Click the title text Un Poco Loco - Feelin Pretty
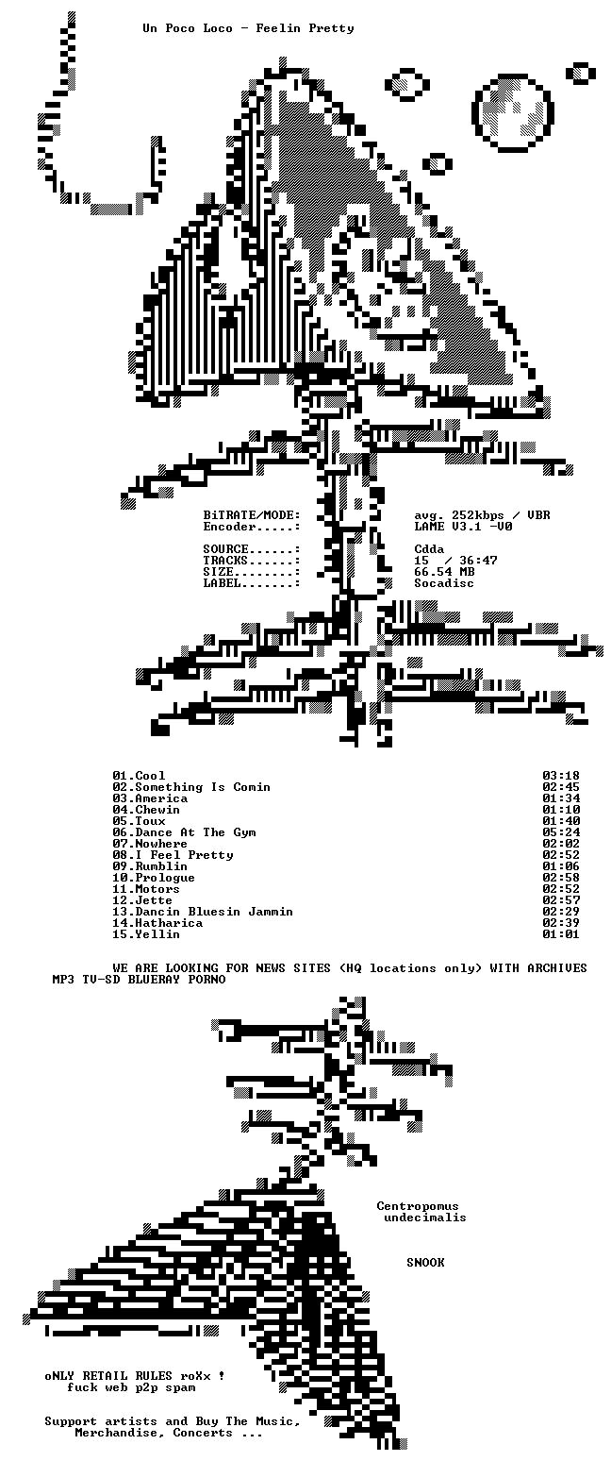pyautogui.click(x=248, y=28)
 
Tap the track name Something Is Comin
pyautogui.click(x=203, y=787)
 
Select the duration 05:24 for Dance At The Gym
pyautogui.click(x=561, y=832)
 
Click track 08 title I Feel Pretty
pyautogui.click(x=185, y=855)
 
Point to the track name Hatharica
pyautogui.click(x=169, y=923)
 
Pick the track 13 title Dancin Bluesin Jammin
pyautogui.click(x=214, y=912)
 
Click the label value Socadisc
pyautogui.click(x=444, y=583)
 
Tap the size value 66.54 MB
pyautogui.click(x=444, y=572)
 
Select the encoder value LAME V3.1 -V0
pyautogui.click(x=463, y=527)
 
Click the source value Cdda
pyautogui.click(x=429, y=549)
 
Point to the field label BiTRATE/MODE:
pyautogui.click(x=252, y=515)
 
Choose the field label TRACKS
pyautogui.click(x=225, y=561)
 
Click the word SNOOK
pyautogui.click(x=425, y=1262)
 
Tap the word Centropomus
pyautogui.click(x=418, y=1206)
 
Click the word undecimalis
pyautogui.click(x=425, y=1217)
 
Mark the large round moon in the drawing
pyautogui.click(x=513, y=112)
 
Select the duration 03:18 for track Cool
pyautogui.click(x=561, y=776)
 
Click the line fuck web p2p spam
pyautogui.click(x=132, y=1387)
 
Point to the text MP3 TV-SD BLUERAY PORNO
pyautogui.click(x=139, y=979)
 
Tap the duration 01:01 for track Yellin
pyautogui.click(x=561, y=934)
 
